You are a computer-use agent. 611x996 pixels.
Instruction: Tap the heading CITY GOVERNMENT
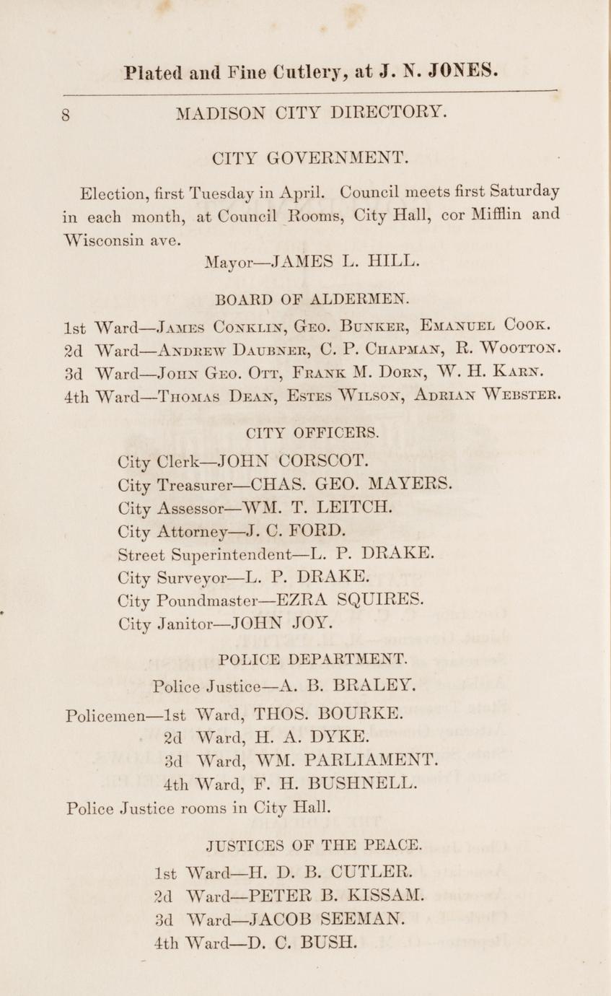(x=310, y=157)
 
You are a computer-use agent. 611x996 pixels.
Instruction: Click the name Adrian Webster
(x=488, y=396)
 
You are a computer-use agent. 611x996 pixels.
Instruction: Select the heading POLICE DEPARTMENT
(x=312, y=659)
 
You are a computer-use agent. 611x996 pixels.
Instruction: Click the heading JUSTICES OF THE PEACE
(x=314, y=844)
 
